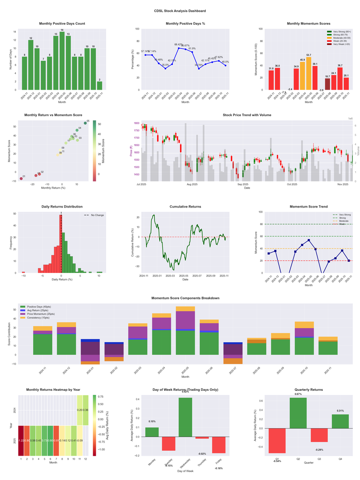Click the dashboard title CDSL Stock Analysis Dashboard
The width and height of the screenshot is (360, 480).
[x=180, y=11]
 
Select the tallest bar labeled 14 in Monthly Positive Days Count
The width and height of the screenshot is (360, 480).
[x=62, y=61]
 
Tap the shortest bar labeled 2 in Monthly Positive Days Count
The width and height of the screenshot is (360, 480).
[x=99, y=86]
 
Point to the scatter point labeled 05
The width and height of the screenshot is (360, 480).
[x=85, y=123]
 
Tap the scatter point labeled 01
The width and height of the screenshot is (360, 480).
[x=21, y=179]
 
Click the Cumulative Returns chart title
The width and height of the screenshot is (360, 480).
[x=185, y=207]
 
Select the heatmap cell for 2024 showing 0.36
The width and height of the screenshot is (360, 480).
[x=85, y=410]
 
